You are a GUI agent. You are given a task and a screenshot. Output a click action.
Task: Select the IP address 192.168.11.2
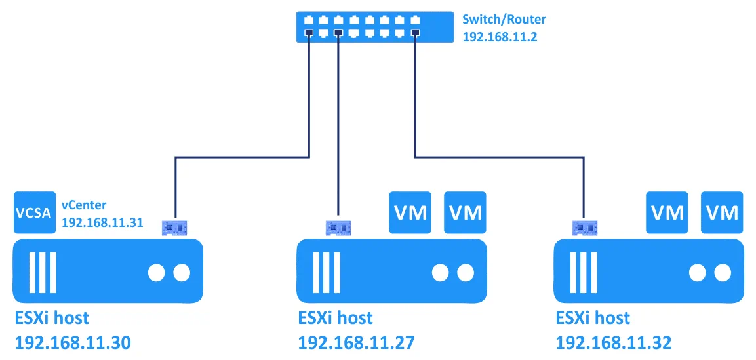[x=500, y=37]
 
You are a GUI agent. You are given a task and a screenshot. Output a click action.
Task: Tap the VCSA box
[x=34, y=212]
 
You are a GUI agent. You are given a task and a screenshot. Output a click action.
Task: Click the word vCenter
[x=84, y=205]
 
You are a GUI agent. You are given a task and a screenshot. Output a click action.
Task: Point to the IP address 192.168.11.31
[x=102, y=222]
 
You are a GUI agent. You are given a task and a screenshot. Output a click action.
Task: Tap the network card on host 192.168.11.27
[x=338, y=228]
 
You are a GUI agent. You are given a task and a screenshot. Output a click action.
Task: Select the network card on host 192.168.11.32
[x=586, y=228]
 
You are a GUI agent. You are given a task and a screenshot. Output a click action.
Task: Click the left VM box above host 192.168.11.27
[x=410, y=212]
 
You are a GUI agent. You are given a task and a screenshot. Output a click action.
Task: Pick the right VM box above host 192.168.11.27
[x=465, y=212]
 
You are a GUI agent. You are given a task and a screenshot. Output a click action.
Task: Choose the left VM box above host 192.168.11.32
[x=667, y=212]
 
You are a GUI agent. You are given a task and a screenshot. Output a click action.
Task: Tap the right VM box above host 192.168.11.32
[x=722, y=212]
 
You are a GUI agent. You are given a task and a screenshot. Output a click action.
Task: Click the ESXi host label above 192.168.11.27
[x=335, y=318]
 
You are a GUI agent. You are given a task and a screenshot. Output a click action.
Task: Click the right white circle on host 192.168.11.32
[x=723, y=272]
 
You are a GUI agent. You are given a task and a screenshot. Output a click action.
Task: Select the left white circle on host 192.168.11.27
[x=440, y=272]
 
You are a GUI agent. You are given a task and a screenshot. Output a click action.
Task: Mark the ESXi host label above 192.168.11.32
[x=593, y=318]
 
